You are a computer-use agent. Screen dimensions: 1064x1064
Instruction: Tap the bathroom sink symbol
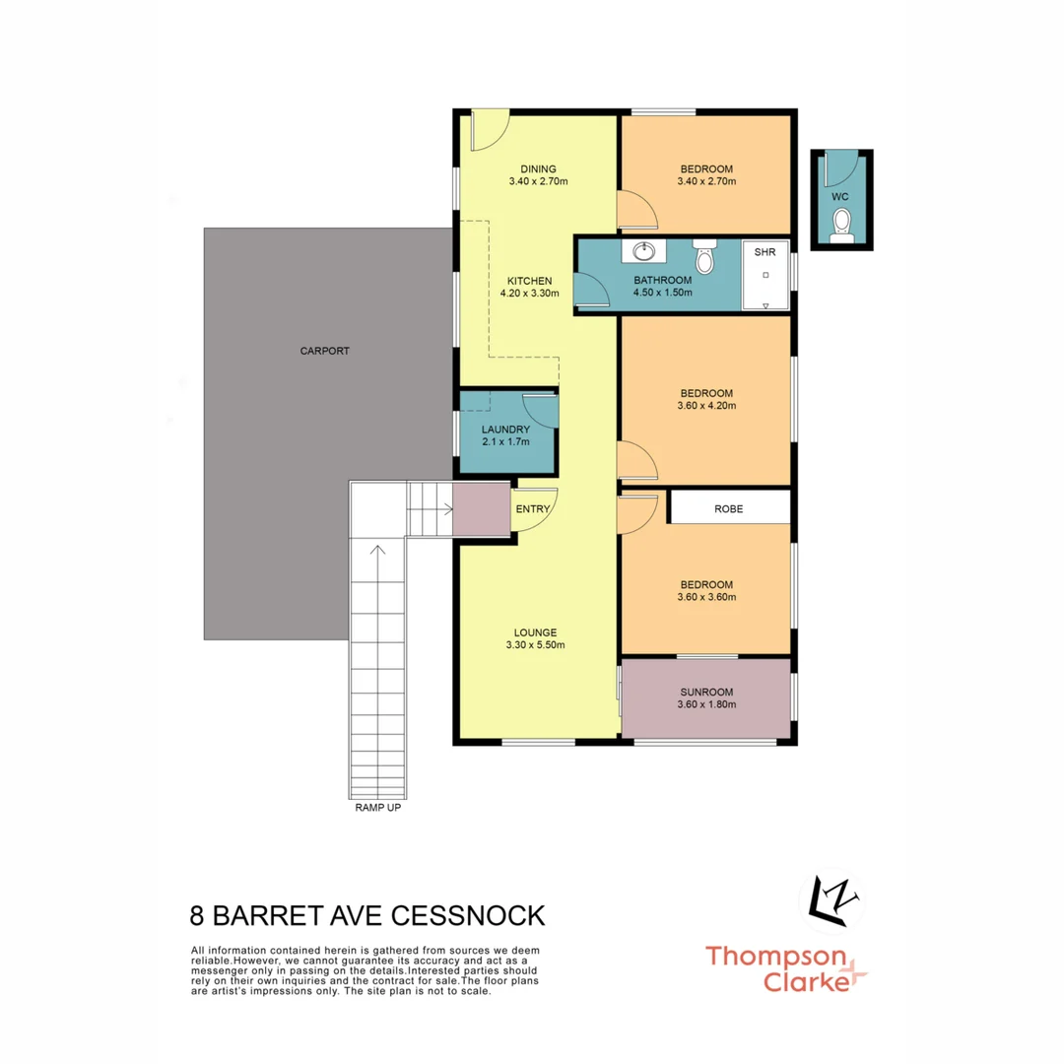(x=643, y=251)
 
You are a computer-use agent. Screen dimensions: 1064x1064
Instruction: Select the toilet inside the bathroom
(x=703, y=257)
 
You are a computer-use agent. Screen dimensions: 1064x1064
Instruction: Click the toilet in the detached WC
(x=840, y=230)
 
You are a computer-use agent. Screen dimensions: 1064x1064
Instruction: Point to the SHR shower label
(x=765, y=253)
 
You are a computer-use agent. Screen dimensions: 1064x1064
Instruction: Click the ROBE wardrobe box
(x=730, y=509)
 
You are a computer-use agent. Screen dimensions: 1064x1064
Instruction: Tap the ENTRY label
(x=533, y=509)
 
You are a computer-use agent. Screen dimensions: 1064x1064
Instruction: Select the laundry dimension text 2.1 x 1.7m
(x=505, y=441)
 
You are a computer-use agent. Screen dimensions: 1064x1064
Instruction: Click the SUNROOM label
(x=706, y=692)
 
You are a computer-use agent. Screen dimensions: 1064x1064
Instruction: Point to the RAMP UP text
(x=377, y=808)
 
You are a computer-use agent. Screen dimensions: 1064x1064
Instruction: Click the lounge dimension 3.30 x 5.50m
(x=535, y=645)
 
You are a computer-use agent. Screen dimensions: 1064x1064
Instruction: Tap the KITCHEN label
(x=530, y=281)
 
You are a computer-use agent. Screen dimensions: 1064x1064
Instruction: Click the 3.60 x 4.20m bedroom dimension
(x=706, y=405)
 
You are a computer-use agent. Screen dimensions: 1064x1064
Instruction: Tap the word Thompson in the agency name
(x=774, y=956)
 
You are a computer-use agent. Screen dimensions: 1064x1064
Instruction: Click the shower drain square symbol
(x=765, y=275)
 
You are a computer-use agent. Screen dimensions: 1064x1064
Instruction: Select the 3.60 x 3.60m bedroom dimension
(x=706, y=596)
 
